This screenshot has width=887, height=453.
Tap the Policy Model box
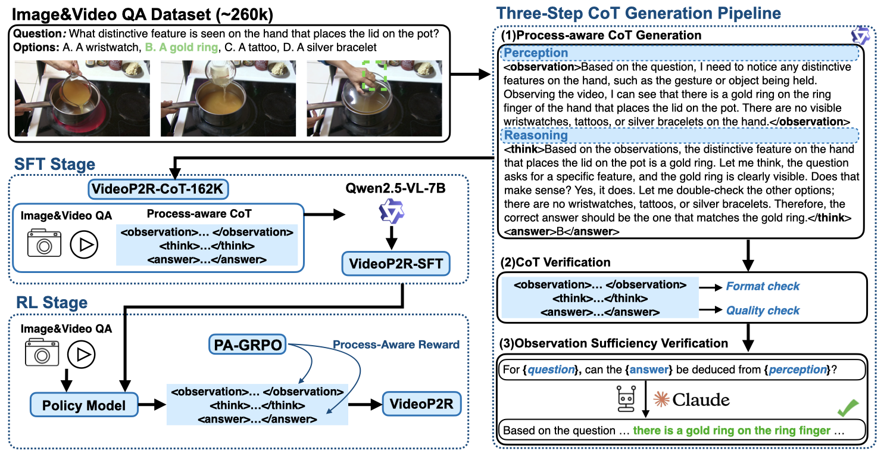pos(84,405)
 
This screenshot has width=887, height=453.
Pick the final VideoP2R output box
pos(421,405)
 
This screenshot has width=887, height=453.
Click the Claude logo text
pos(692,399)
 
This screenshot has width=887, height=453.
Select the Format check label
pos(763,287)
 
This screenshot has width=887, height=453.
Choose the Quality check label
pos(763,311)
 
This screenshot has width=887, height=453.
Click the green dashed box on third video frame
pos(375,74)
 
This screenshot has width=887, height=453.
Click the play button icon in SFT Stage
pos(83,245)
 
